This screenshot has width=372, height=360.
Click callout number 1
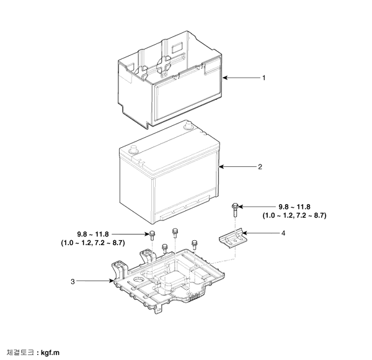point(264,78)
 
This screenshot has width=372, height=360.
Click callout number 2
point(260,167)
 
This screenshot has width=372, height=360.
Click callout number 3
point(73,281)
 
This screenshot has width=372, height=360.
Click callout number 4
point(283,233)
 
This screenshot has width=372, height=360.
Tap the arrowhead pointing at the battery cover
point(225,78)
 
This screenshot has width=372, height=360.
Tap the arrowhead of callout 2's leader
point(221,167)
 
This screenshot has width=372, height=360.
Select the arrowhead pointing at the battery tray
point(112,281)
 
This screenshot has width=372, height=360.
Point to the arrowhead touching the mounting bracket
point(244,233)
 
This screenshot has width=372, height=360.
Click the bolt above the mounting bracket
point(235,210)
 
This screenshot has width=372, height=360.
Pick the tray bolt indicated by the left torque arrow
point(152,235)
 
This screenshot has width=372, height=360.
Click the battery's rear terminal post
point(188,125)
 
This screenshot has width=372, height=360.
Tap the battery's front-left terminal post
point(133,150)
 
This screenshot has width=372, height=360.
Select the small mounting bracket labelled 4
point(233,238)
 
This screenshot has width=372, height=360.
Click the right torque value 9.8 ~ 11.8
point(294,207)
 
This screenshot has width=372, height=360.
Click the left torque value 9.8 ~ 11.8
point(93,235)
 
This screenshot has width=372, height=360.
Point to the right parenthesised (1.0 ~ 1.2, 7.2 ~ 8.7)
point(294,215)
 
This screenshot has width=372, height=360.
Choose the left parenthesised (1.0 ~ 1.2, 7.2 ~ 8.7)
point(93,243)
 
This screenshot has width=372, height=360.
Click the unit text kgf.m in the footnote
point(50,353)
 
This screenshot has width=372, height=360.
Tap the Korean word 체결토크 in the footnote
point(20,353)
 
